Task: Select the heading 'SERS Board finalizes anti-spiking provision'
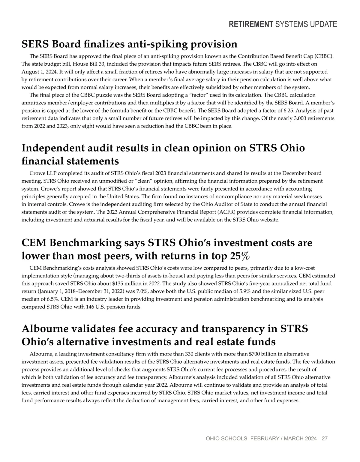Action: click(x=129, y=44)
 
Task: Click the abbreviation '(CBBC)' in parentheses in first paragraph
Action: click(x=324, y=56)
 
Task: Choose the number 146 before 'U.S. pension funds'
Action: click(x=85, y=307)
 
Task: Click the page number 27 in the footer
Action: click(x=325, y=439)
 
